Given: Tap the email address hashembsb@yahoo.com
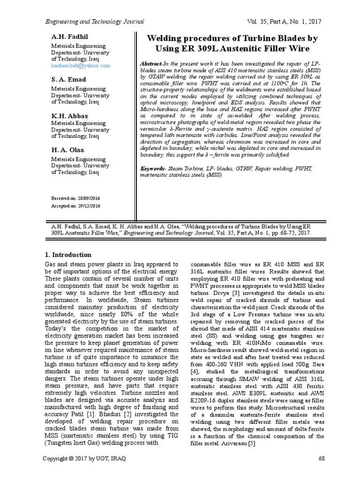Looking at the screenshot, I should point(80,66).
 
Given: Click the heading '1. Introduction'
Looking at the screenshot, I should point(68,255).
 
